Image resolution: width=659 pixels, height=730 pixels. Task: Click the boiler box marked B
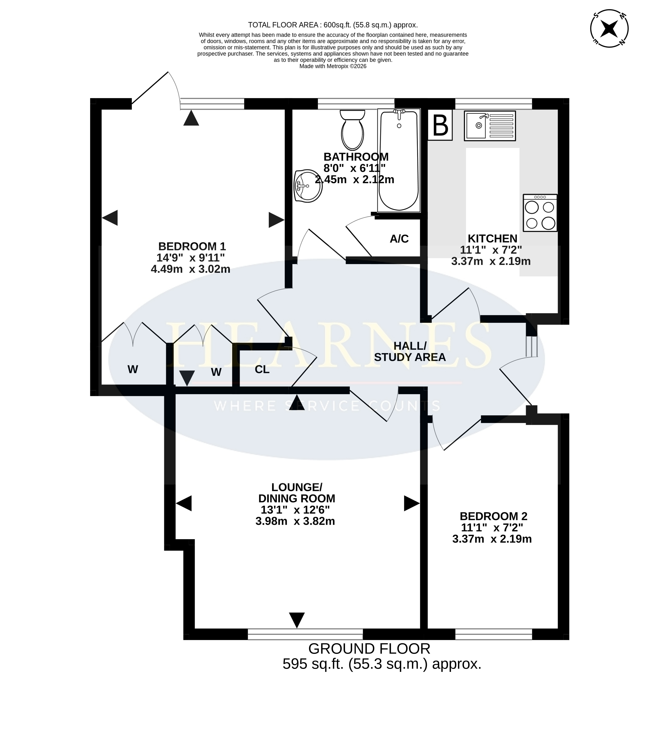coord(440,125)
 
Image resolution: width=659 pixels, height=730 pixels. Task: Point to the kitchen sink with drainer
coord(490,126)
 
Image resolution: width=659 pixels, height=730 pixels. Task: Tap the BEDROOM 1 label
coord(192,247)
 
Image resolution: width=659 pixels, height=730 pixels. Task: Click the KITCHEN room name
coord(493,239)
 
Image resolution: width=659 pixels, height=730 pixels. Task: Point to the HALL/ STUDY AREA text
coord(410,352)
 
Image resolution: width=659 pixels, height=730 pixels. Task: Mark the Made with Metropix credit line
coord(333,66)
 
